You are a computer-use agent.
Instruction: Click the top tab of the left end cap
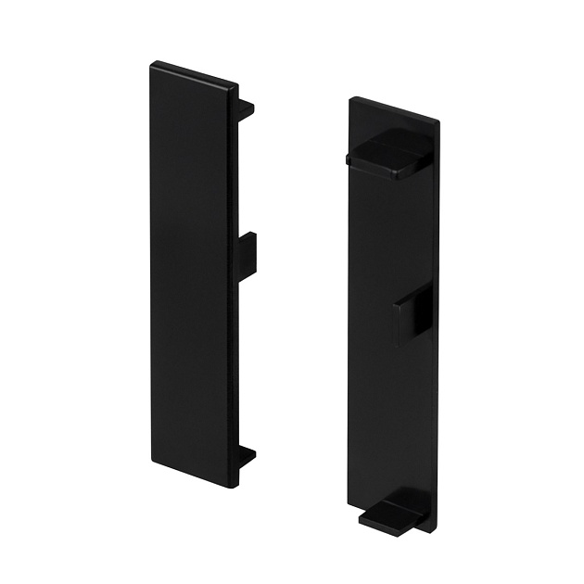pyautogui.click(x=246, y=108)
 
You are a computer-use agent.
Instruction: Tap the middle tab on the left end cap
pyautogui.click(x=248, y=255)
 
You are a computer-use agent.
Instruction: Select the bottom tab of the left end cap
pyautogui.click(x=247, y=456)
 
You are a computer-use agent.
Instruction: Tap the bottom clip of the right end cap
pyautogui.click(x=393, y=514)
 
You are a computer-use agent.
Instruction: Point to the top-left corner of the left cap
pyautogui.click(x=152, y=64)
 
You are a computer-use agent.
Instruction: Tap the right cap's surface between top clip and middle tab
pyautogui.click(x=394, y=232)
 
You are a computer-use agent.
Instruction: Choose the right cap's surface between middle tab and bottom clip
pyautogui.click(x=394, y=417)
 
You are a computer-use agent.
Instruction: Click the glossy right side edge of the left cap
pyautogui.click(x=234, y=278)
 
